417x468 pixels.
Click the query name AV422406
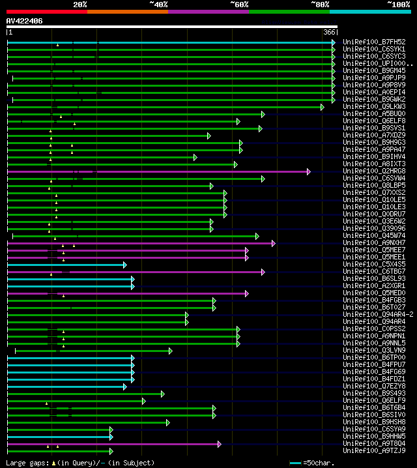(x=25, y=21)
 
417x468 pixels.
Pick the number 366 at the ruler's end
(x=329, y=32)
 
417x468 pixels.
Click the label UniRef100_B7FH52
(x=374, y=42)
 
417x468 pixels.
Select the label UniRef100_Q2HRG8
(x=374, y=171)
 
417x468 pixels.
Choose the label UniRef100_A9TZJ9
(x=374, y=451)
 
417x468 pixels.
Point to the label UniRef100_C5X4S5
(x=374, y=265)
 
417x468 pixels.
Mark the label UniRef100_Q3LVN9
(x=374, y=351)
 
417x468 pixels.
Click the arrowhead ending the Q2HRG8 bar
(x=308, y=171)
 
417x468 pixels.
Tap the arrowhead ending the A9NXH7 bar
(x=273, y=243)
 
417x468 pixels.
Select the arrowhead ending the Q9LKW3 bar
(x=322, y=107)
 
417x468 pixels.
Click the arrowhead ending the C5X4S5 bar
(x=124, y=265)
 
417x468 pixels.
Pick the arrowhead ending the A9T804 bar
(x=220, y=444)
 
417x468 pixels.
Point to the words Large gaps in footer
(x=24, y=463)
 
